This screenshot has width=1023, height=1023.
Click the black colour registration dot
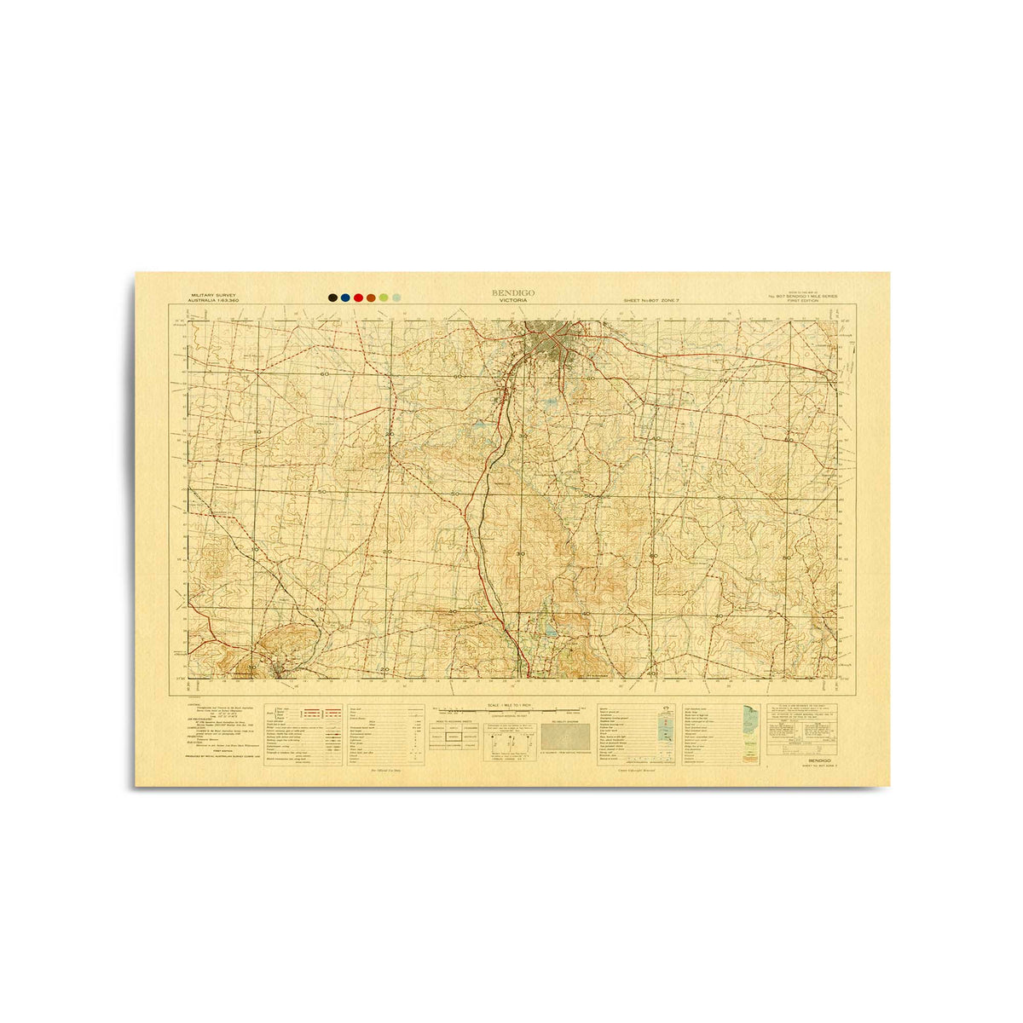point(332,298)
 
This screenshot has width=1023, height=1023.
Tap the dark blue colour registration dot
point(344,298)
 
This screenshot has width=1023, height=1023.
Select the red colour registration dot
point(358,298)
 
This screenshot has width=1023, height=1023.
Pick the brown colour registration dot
point(371,298)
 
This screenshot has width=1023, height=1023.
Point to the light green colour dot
point(384,298)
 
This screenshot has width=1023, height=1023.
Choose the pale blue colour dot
point(396,298)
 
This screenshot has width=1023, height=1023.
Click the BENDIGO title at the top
point(512,292)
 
